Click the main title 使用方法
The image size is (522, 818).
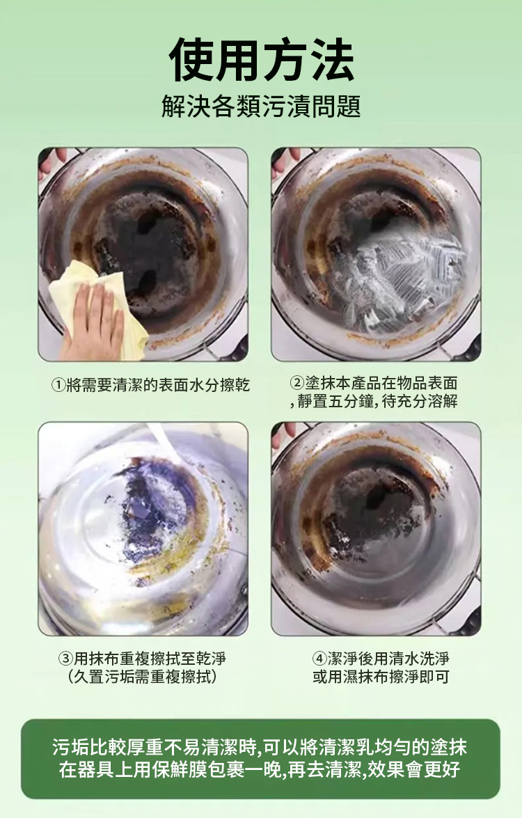pos(261,60)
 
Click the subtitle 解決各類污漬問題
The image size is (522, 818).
pos(261,107)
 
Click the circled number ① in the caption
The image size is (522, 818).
pos(58,386)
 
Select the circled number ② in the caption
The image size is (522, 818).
pos(296,384)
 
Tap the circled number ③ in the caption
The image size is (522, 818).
pos(65,659)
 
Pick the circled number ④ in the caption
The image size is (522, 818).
pos(319,659)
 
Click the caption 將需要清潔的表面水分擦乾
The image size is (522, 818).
pos(158,386)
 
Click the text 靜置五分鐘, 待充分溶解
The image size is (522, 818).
pos(377,402)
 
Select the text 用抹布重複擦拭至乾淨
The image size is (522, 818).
pos(150,659)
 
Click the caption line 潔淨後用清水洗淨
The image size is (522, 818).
pos(388,659)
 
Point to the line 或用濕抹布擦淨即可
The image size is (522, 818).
pos(381,677)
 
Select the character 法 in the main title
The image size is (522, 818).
pos(332,60)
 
